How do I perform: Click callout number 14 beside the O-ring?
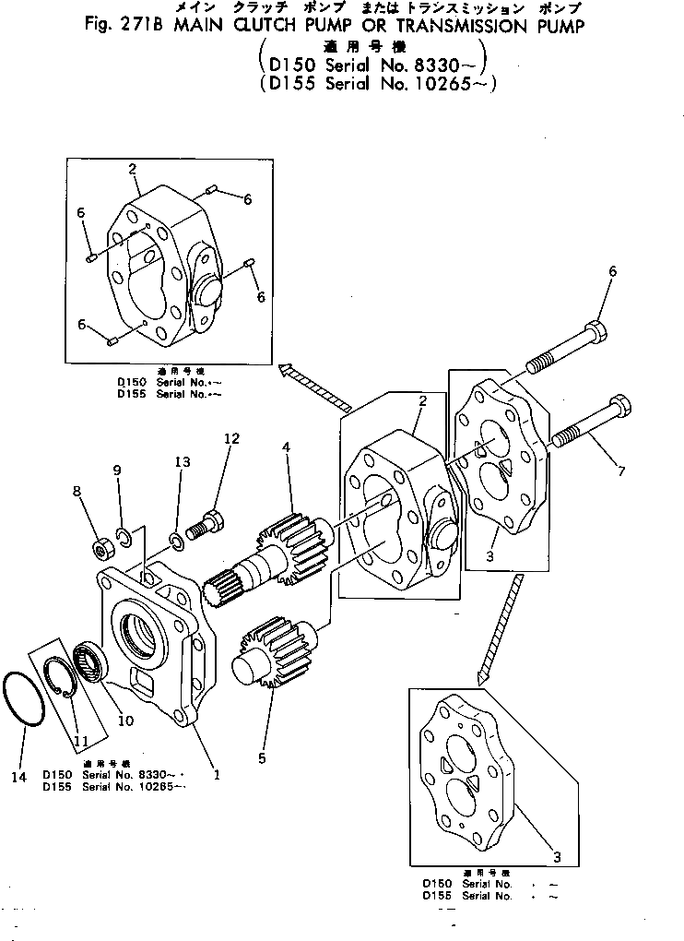click(18, 777)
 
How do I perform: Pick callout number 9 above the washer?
click(117, 470)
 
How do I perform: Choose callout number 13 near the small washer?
click(183, 461)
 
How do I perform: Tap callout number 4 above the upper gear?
click(287, 447)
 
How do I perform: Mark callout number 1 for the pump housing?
click(217, 775)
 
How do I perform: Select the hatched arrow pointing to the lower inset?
click(499, 627)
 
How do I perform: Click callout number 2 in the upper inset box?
click(133, 169)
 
